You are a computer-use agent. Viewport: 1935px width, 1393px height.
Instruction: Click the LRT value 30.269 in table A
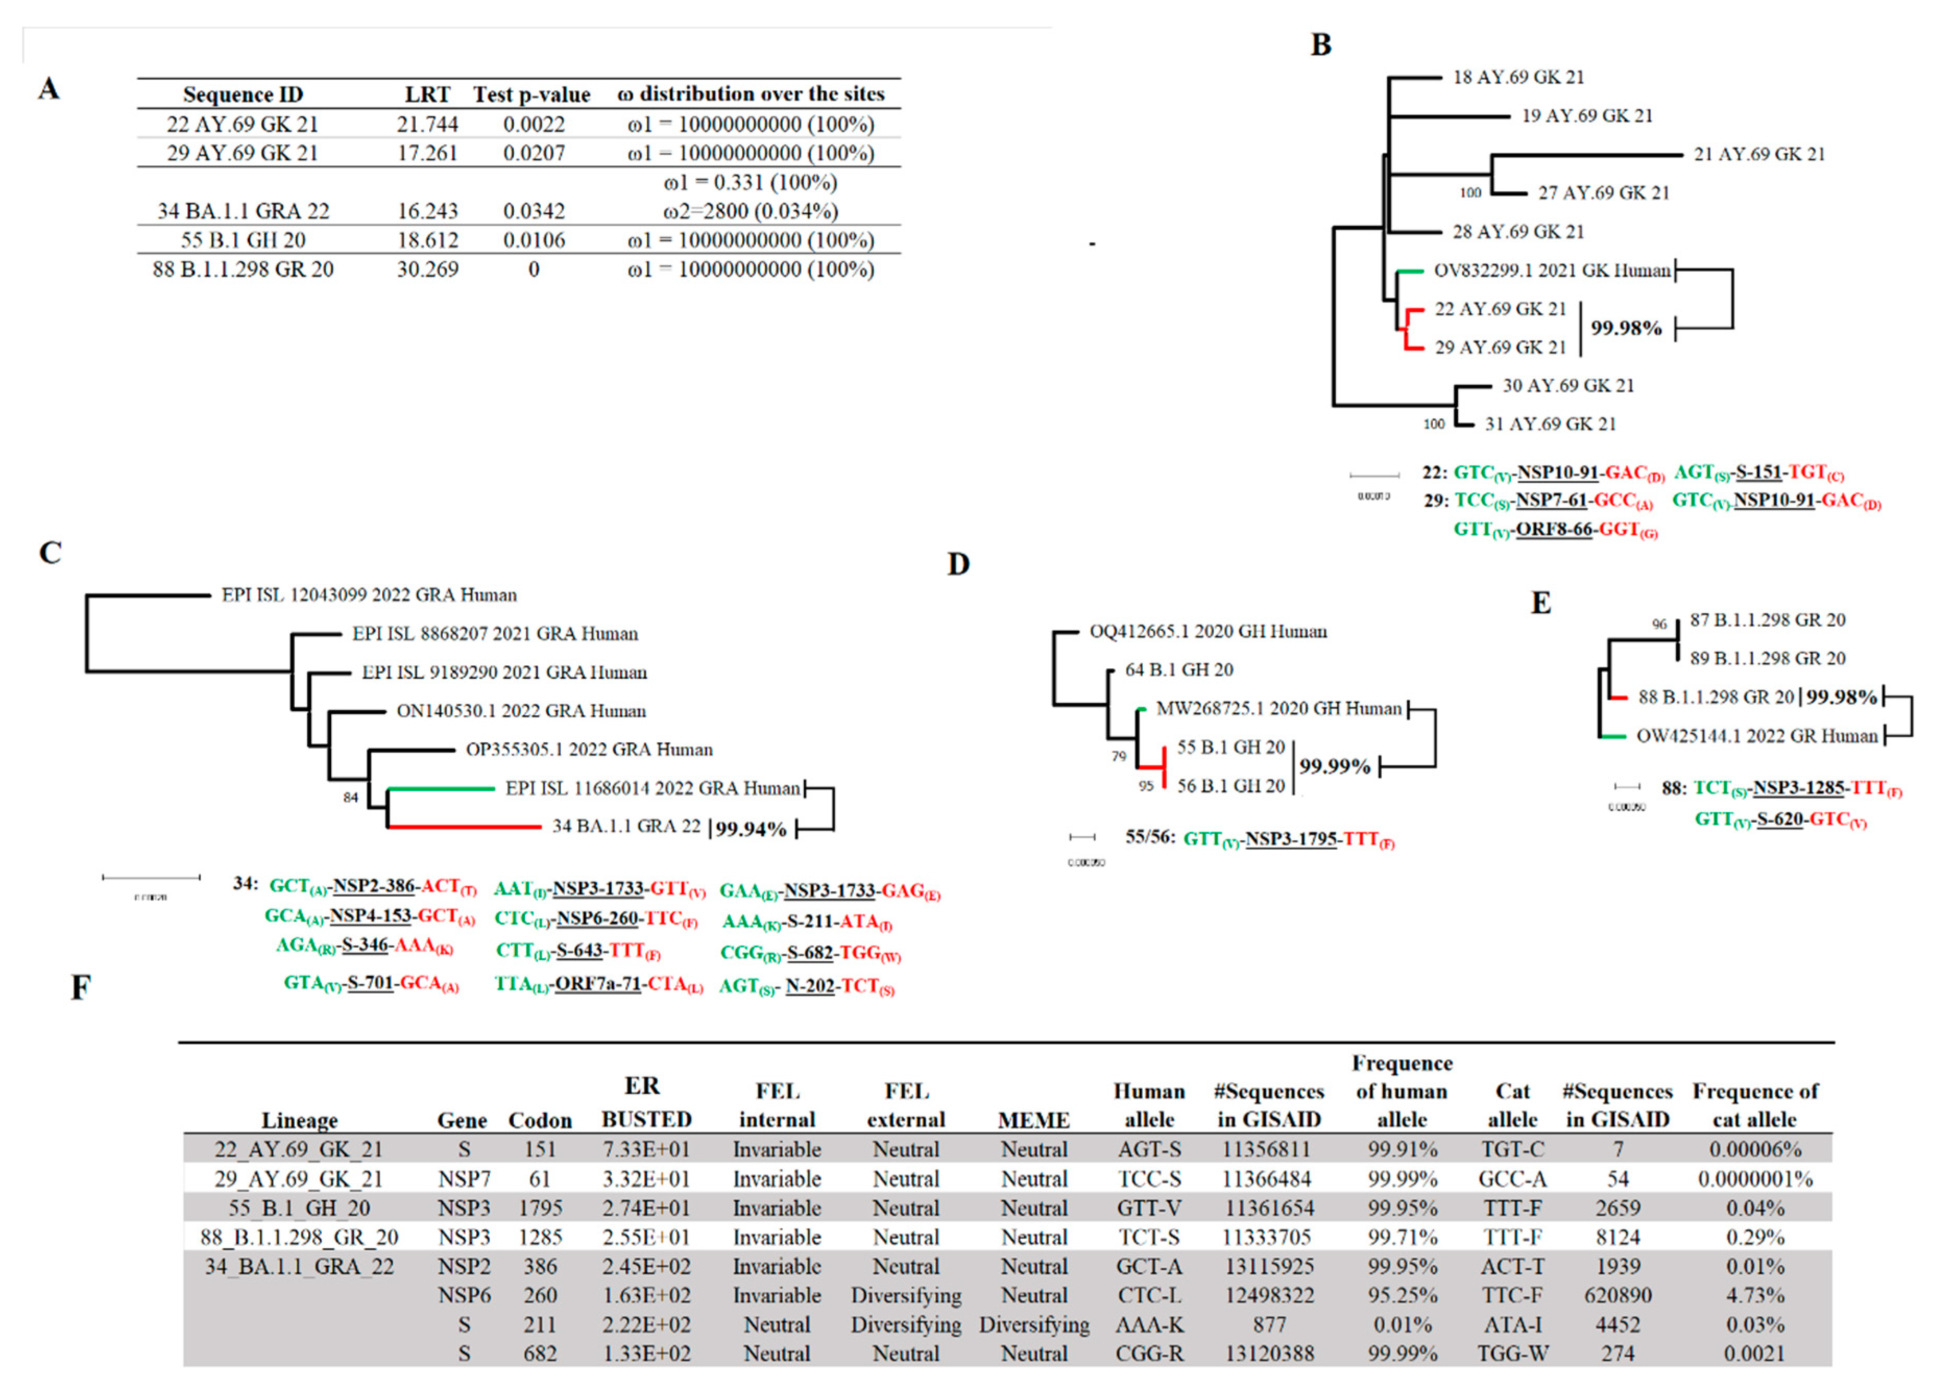click(428, 270)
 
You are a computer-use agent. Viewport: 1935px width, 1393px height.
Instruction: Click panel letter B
click(1321, 45)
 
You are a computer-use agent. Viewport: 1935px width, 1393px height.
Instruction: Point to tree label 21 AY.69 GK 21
click(1759, 154)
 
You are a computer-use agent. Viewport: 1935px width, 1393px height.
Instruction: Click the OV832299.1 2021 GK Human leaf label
click(1551, 271)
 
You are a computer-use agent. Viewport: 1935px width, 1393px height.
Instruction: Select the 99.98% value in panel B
click(1626, 328)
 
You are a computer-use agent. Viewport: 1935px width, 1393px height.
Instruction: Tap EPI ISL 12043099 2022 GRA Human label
click(369, 594)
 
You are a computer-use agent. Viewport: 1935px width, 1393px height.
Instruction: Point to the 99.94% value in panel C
click(751, 829)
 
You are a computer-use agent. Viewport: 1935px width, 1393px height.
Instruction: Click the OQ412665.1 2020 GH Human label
click(1208, 632)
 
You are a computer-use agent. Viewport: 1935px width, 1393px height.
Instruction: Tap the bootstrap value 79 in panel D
click(1119, 756)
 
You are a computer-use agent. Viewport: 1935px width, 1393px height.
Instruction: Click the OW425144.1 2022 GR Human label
click(1756, 736)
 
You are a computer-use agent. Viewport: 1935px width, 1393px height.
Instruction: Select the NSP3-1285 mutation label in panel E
click(1798, 788)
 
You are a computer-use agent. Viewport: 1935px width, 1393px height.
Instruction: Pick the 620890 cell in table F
click(1617, 1296)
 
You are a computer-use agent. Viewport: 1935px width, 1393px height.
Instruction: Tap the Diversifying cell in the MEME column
click(1034, 1325)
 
